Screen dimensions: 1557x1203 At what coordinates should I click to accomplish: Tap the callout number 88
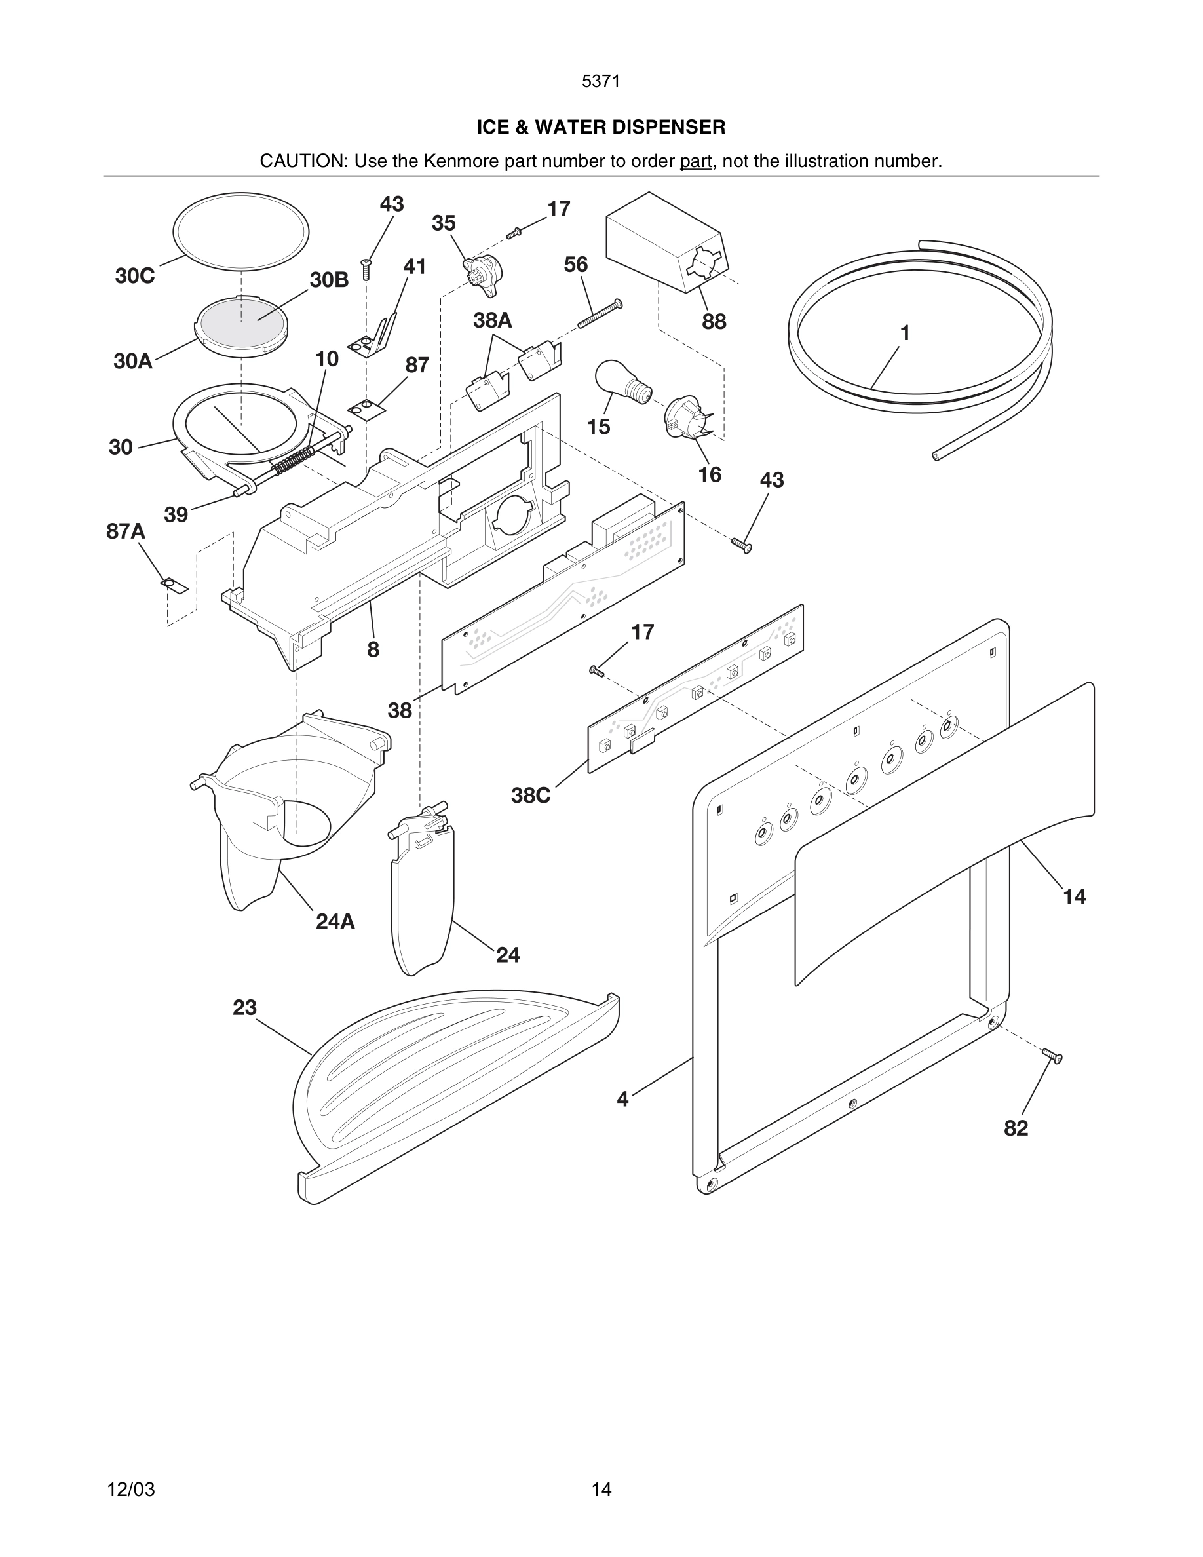[714, 322]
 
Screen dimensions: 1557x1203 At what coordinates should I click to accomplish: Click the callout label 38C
[531, 796]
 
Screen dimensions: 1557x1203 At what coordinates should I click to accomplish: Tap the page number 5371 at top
[601, 81]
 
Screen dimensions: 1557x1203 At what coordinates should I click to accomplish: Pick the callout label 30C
[135, 277]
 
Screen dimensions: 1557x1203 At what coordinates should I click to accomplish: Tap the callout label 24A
[335, 922]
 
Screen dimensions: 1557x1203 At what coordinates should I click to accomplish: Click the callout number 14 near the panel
[1074, 897]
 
